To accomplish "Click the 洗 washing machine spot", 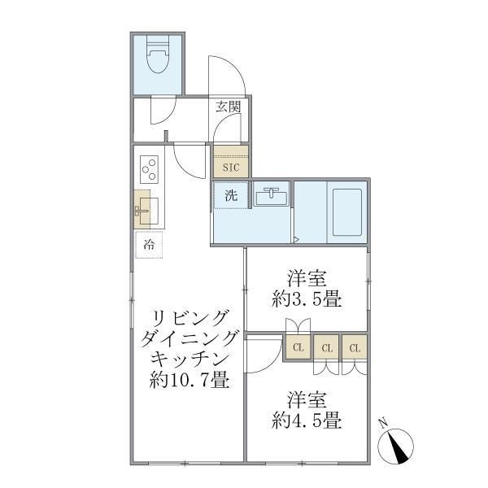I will point(230,195).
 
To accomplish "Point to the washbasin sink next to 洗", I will point(269,196).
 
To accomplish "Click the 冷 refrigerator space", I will point(149,243).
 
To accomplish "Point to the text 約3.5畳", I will point(306,298).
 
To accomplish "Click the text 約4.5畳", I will point(306,422).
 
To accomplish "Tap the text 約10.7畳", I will point(189,379).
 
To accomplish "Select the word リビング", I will point(189,317).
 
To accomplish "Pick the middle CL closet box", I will point(325,348).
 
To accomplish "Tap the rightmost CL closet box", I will point(355,348).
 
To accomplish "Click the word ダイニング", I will point(189,338).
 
